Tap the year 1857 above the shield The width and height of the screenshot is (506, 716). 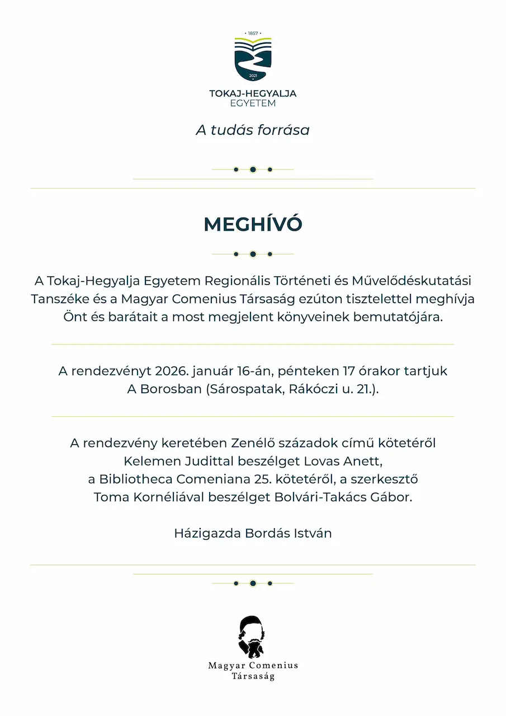[253, 34]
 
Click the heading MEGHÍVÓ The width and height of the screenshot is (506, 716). [253, 224]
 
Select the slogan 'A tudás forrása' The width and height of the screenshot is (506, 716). [253, 130]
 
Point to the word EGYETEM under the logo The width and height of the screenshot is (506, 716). [253, 103]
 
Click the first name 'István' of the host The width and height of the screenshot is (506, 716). [313, 533]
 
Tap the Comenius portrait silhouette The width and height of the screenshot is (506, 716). [252, 637]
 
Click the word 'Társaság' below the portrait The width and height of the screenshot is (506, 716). [253, 676]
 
